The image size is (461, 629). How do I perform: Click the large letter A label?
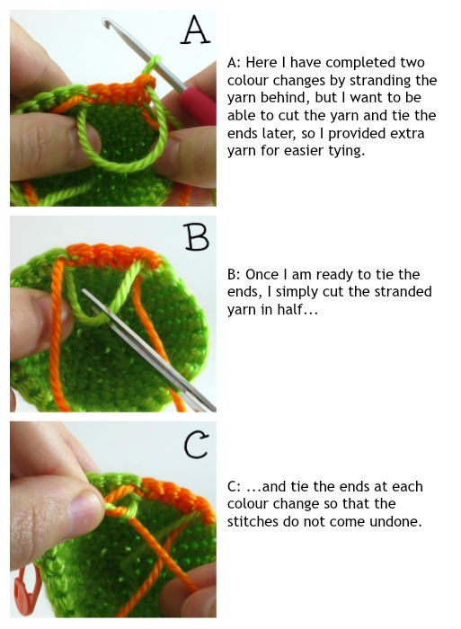pyautogui.click(x=195, y=30)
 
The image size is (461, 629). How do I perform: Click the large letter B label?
pyautogui.click(x=197, y=236)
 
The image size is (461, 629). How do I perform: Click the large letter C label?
pyautogui.click(x=197, y=446)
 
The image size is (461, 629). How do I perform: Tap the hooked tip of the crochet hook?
pyautogui.click(x=106, y=22)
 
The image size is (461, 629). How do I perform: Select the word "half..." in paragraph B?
pyautogui.click(x=297, y=309)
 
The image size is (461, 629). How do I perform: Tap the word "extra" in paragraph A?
pyautogui.click(x=406, y=133)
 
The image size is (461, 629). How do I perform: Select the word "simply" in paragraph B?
pyautogui.click(x=293, y=292)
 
